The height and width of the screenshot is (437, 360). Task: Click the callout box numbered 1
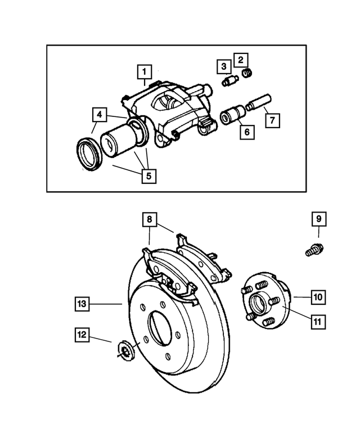point(145,72)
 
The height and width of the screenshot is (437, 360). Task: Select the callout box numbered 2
point(241,58)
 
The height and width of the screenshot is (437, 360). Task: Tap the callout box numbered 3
point(223,66)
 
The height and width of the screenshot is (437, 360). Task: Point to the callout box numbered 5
point(148,175)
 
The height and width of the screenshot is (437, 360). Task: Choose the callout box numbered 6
point(245,132)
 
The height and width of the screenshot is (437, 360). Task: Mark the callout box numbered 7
point(272,120)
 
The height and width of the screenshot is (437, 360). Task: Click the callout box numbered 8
point(149,219)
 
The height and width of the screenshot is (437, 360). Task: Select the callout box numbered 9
point(318,218)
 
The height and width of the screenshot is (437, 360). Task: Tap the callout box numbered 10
point(317,296)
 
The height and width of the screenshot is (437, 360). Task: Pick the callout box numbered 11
point(317,322)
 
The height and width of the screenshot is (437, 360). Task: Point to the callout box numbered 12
point(82,335)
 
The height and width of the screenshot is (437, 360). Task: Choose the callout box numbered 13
point(82,304)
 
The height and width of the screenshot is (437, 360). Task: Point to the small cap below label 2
point(246,72)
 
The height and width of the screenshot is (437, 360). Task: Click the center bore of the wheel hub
point(259,304)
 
